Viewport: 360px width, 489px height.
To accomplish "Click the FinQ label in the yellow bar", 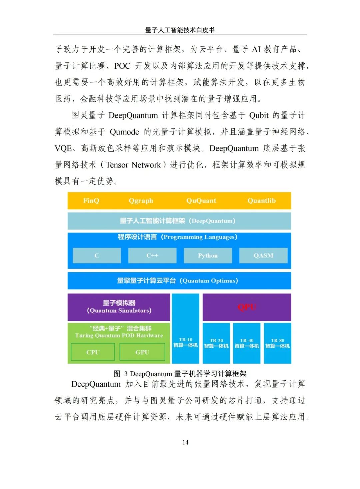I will tap(91, 200).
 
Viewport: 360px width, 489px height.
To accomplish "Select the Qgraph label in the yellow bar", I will tap(141, 200).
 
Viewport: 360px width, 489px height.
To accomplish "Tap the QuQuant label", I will tap(201, 200).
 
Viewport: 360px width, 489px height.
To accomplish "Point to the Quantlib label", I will tap(261, 200).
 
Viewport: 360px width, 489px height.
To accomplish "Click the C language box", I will tap(97, 256).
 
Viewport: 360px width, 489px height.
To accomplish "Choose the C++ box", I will tap(152, 256).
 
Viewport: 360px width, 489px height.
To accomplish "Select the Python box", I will tap(208, 256).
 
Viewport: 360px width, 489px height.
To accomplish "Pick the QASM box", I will tap(263, 256).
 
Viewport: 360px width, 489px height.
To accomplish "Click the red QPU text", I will tap(247, 307).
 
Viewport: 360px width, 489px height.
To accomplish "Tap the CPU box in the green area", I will tap(93, 352).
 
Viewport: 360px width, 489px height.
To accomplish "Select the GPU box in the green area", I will tap(142, 352).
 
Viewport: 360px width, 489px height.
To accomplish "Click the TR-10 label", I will tap(185, 340).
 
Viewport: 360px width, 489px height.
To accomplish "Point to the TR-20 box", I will tap(216, 343).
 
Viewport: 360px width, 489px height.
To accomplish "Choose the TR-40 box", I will tap(247, 343).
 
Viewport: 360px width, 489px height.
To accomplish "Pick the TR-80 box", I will tap(277, 343).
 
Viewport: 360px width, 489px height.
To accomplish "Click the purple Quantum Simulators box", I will tap(119, 307).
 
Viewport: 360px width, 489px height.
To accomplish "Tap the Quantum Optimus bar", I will tap(179, 281).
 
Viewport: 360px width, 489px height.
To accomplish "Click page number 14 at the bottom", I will tap(185, 442).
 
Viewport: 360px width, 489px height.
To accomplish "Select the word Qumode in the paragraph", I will tap(124, 132).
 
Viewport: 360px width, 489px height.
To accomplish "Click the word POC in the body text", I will tap(122, 66).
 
